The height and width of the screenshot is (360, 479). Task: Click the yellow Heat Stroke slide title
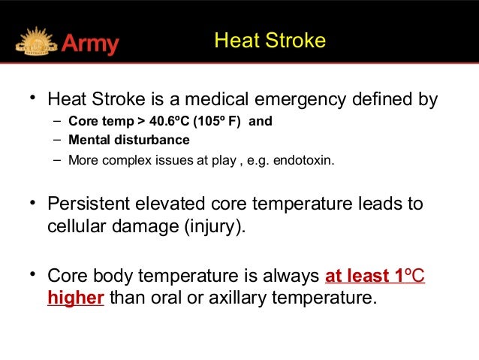point(270,41)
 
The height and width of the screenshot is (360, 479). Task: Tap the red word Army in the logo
point(90,44)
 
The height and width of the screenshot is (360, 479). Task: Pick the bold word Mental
point(88,140)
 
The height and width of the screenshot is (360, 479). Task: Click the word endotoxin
point(307,159)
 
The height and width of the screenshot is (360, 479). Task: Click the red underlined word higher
point(75,298)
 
